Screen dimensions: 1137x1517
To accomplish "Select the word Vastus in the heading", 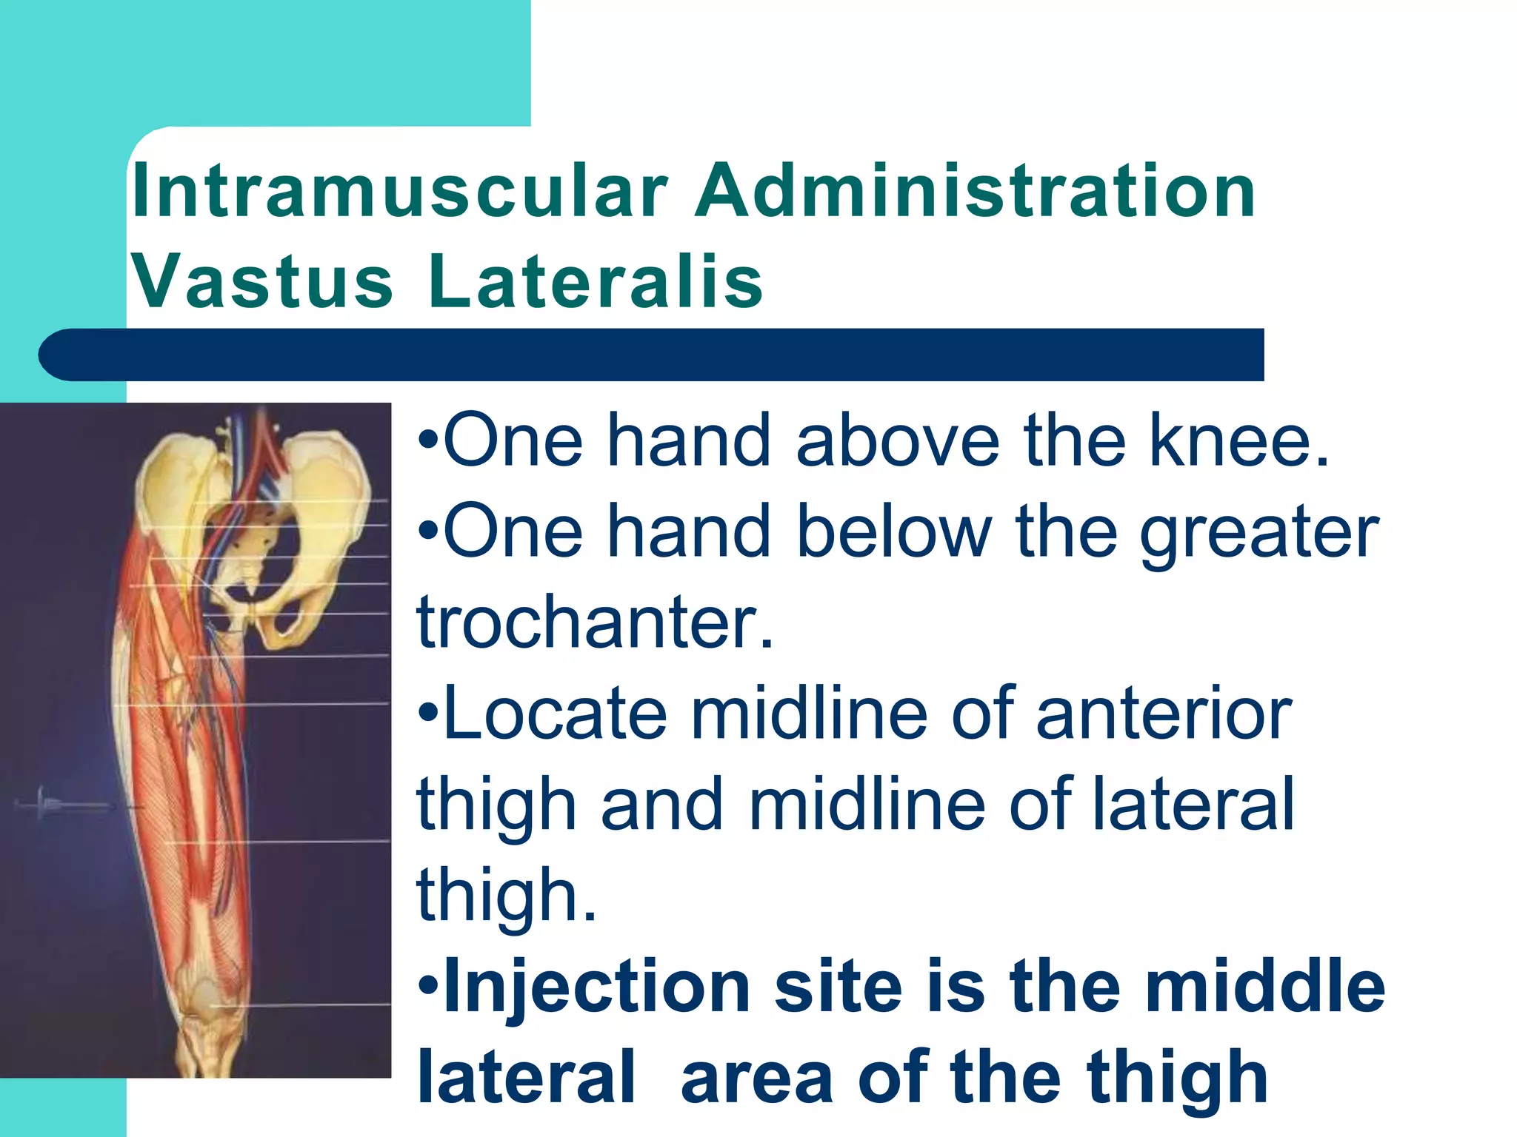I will [x=262, y=282].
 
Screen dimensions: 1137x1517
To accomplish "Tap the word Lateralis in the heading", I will [x=595, y=282].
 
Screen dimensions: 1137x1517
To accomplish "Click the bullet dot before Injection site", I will [x=428, y=987].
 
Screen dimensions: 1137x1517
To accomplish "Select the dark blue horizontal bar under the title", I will [x=652, y=355].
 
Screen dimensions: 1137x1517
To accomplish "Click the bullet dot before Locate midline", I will [x=428, y=714].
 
